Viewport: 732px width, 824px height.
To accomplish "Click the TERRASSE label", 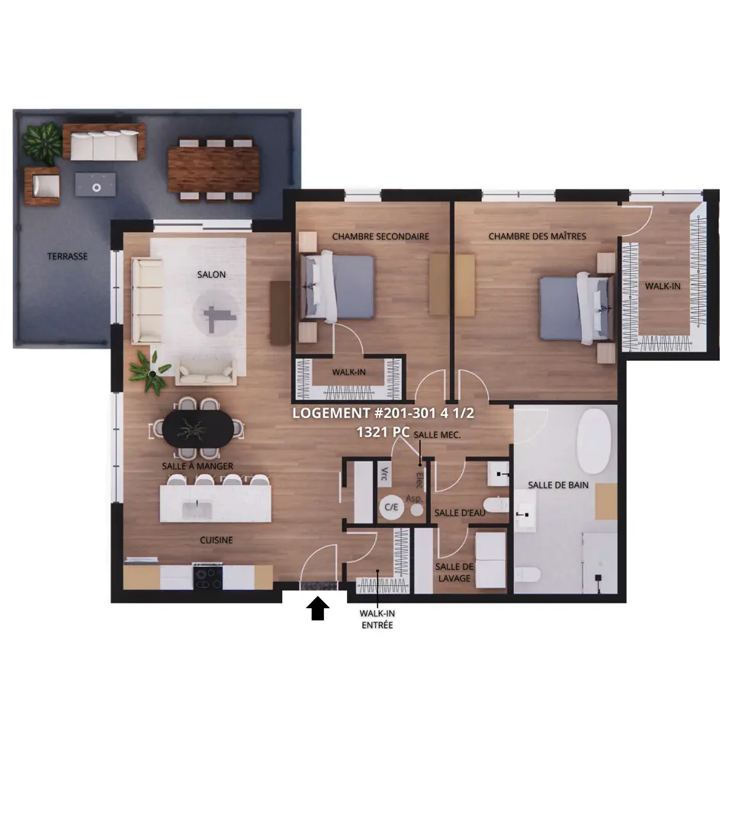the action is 67,256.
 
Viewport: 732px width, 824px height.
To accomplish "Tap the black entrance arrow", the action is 318,608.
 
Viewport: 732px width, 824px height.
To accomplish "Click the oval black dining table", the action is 198,428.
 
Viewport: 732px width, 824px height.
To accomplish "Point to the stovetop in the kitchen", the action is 208,578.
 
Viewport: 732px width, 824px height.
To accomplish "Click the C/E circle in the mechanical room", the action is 391,507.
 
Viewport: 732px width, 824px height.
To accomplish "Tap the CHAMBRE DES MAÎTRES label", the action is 538,237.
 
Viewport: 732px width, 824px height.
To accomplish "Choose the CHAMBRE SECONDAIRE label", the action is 380,237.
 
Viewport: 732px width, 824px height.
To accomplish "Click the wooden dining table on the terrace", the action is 213,169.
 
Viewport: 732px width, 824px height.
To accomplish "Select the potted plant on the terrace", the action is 42,142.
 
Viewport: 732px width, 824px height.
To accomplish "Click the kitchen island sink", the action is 197,510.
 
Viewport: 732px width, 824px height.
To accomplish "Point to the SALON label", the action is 212,275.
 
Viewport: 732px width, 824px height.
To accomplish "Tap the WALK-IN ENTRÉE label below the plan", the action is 377,619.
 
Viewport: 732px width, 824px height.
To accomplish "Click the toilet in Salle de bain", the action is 528,575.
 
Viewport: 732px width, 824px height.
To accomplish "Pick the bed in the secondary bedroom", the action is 337,286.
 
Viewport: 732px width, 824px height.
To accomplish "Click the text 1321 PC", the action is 383,432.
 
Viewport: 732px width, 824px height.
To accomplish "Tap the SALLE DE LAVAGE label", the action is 454,572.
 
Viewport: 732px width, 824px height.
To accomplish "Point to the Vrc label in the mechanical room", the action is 384,474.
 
